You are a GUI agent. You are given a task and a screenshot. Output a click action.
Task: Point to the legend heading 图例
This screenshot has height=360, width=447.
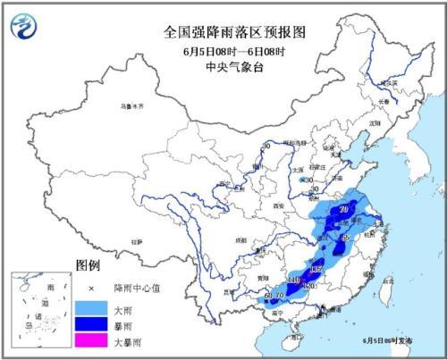pyautogui.click(x=88, y=266)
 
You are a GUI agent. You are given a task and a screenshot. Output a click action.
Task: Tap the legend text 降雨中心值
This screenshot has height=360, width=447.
pyautogui.click(x=134, y=287)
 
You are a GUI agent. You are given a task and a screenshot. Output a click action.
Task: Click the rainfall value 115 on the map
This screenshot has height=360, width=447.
pyautogui.click(x=315, y=269)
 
